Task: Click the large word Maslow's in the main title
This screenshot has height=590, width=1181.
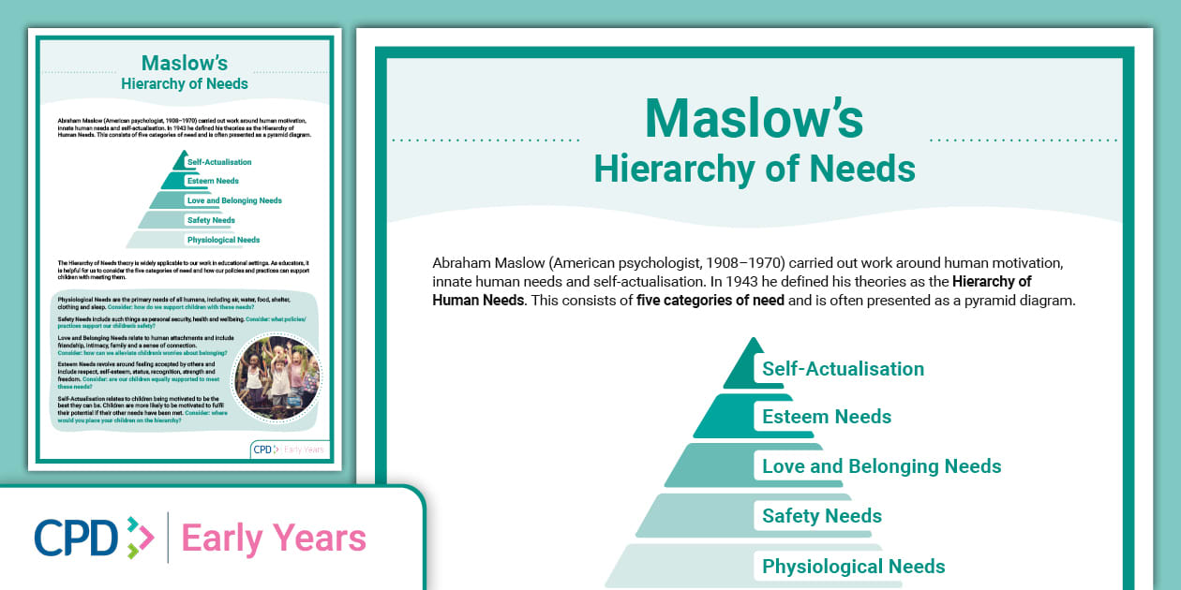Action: (x=754, y=119)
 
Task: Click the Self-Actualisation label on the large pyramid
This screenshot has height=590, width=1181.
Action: (x=843, y=369)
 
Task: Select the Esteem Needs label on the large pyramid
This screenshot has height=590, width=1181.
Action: (x=826, y=417)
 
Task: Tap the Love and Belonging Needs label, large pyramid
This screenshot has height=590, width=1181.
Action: (x=881, y=466)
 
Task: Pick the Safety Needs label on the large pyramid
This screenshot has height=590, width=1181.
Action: (x=821, y=516)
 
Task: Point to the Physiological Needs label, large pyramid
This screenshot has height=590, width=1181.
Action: (x=853, y=567)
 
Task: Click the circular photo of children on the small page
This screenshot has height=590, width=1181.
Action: (x=277, y=377)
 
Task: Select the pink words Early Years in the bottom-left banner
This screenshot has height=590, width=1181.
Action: (x=274, y=538)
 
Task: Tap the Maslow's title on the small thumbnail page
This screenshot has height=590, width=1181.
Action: (x=185, y=64)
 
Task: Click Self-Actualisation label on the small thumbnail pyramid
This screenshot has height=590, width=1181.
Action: (x=218, y=162)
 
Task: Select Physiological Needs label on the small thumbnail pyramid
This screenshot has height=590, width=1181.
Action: (x=223, y=240)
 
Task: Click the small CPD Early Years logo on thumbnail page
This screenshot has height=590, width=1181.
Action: (x=290, y=450)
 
